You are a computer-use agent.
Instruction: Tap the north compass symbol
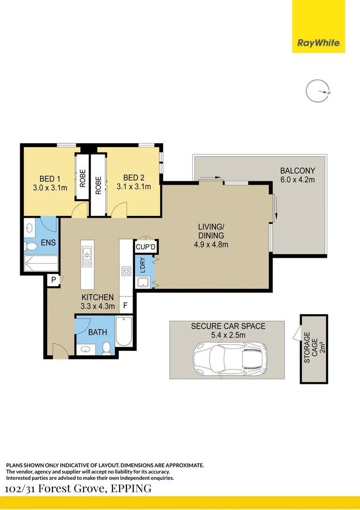[x=318, y=91]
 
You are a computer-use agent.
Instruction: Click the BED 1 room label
[x=50, y=178]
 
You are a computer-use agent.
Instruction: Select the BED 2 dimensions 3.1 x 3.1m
[x=134, y=187]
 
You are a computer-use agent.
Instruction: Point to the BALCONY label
[x=298, y=170]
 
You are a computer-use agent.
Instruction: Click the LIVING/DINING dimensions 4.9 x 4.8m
[x=211, y=245]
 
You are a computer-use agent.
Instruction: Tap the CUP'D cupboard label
[x=146, y=247]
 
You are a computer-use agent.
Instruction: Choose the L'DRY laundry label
[x=142, y=265]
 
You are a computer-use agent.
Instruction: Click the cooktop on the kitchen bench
[x=126, y=271]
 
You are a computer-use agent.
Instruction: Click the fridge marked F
[x=126, y=306]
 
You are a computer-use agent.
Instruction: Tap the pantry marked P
[x=54, y=280]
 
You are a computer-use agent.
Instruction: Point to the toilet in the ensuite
[x=31, y=246]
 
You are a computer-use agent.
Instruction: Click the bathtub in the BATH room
[x=124, y=331]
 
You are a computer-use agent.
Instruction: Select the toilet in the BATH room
[x=107, y=348]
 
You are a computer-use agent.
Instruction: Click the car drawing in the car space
[x=230, y=359]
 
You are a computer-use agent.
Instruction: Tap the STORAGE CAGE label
[x=311, y=348]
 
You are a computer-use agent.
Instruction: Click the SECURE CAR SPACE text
[x=228, y=326]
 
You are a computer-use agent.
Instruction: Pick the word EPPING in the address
[x=131, y=488]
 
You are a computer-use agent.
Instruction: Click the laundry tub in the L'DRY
[x=143, y=282]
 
